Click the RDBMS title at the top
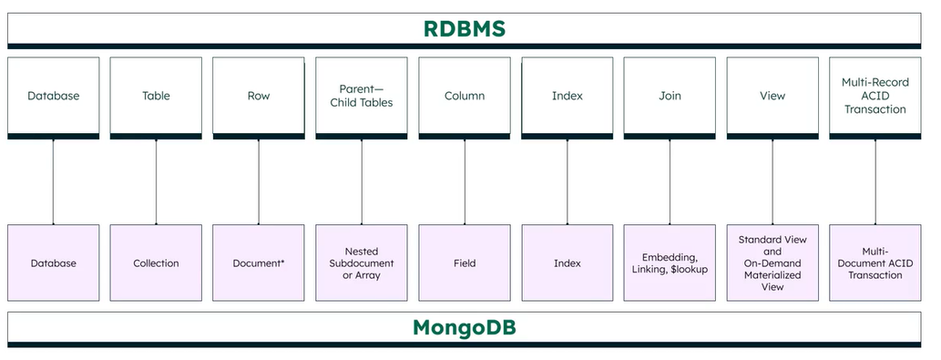[465, 28]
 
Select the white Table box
[156, 96]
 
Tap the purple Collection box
[156, 262]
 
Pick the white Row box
[259, 96]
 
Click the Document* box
[259, 262]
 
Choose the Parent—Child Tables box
[362, 96]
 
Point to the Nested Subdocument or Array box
[362, 262]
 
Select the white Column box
[465, 96]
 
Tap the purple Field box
[465, 262]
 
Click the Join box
[670, 96]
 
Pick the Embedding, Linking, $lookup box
[670, 262]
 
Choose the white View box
[772, 96]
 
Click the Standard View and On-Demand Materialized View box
[772, 262]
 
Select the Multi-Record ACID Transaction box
[875, 96]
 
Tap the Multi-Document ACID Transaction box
[875, 262]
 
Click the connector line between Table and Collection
[156, 181]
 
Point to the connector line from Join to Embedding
[670, 181]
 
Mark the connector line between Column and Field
[465, 181]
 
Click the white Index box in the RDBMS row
[568, 96]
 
